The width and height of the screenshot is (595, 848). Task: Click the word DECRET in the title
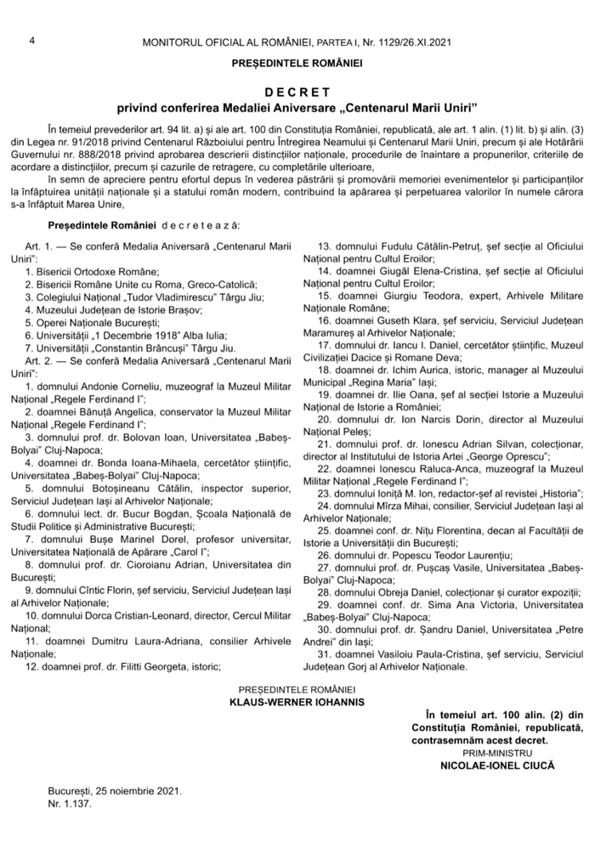[297, 91]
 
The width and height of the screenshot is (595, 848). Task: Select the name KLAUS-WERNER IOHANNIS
[297, 703]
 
